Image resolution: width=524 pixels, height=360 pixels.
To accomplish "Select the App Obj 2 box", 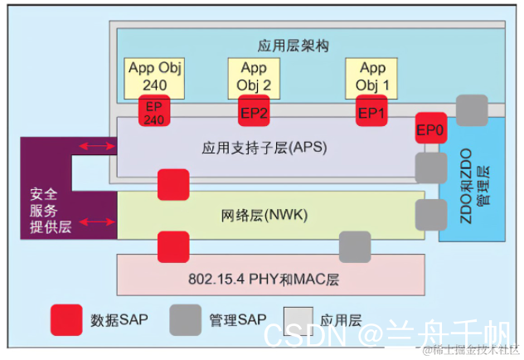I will [x=254, y=76].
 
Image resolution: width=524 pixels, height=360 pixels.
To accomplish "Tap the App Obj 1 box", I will [x=372, y=76].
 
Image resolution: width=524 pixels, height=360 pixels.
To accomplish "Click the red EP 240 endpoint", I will [x=154, y=111].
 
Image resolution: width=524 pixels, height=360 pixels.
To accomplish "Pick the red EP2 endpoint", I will [x=254, y=112].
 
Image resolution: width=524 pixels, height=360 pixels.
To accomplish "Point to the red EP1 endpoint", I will [x=372, y=112].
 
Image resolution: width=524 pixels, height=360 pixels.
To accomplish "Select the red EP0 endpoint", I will [x=431, y=129].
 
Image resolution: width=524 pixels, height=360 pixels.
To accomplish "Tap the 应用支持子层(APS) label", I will [x=264, y=148].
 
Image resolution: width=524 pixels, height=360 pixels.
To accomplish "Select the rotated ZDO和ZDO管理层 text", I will [x=473, y=179].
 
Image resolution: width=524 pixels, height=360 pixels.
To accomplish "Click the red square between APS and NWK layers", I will [x=172, y=184].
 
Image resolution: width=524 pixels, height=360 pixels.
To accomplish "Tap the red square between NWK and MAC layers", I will [x=172, y=246].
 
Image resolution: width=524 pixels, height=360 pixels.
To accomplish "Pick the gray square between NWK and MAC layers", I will [x=355, y=246].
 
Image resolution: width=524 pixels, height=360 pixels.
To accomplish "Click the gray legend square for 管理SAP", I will [x=186, y=319].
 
